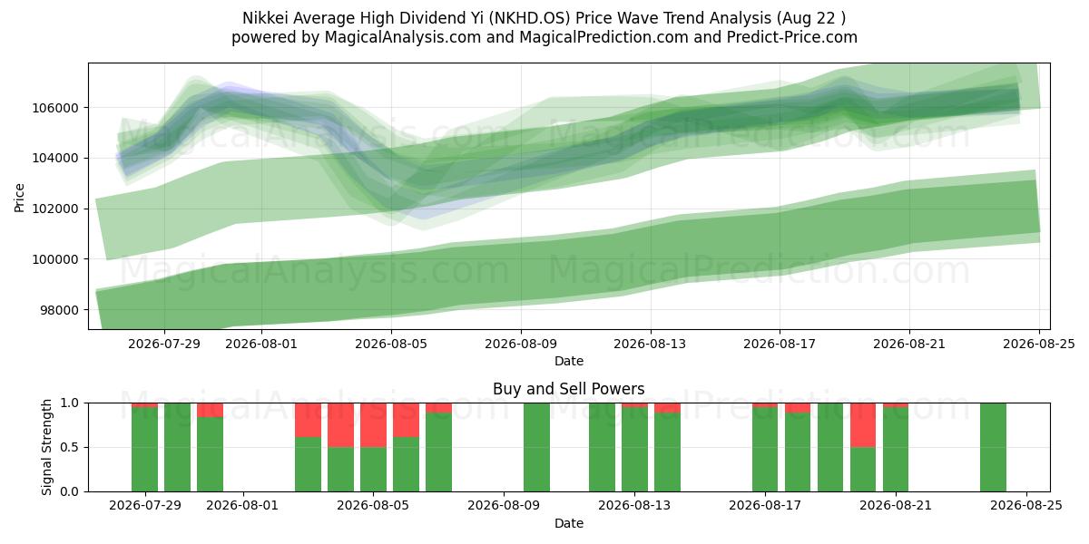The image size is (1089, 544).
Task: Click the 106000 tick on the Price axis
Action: pyautogui.click(x=55, y=108)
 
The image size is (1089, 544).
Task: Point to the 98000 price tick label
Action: pyautogui.click(x=59, y=310)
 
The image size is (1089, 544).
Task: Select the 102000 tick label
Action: pyautogui.click(x=55, y=209)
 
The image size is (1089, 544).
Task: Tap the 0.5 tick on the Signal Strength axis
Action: pyautogui.click(x=69, y=447)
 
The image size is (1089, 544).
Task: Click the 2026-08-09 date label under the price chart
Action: pyautogui.click(x=521, y=344)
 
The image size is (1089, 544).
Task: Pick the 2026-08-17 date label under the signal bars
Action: pyautogui.click(x=765, y=506)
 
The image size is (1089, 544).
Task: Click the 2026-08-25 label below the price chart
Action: pyautogui.click(x=1039, y=344)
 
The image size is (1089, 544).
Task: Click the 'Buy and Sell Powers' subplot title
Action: pyautogui.click(x=569, y=389)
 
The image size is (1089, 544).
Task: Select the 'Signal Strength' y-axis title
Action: pyautogui.click(x=46, y=447)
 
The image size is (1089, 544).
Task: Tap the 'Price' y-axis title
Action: pyautogui.click(x=19, y=198)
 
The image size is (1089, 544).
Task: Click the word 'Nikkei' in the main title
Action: pyautogui.click(x=265, y=18)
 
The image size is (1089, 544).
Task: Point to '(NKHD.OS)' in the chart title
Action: pyautogui.click(x=529, y=18)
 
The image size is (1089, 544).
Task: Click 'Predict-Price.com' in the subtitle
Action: pyautogui.click(x=792, y=37)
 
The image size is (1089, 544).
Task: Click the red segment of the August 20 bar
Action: pyautogui.click(x=863, y=425)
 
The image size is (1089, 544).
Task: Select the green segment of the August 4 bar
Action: pyautogui.click(x=341, y=470)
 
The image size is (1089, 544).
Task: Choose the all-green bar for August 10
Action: pyautogui.click(x=536, y=447)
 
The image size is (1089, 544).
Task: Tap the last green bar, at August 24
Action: pyautogui.click(x=993, y=447)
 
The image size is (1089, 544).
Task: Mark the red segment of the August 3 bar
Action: pyautogui.click(x=309, y=420)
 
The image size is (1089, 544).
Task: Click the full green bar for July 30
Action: pyautogui.click(x=178, y=447)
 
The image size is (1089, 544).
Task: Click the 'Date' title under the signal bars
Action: pyautogui.click(x=569, y=524)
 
